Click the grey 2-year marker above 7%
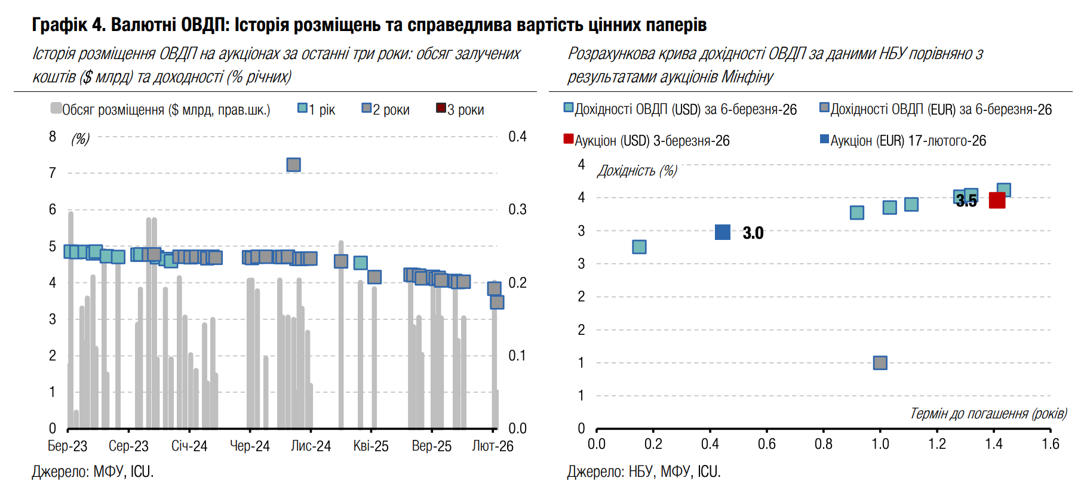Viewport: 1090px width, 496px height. [293, 165]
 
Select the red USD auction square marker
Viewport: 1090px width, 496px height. [997, 200]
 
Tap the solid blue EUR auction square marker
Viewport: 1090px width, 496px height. [723, 232]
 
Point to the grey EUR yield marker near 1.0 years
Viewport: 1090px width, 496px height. [880, 363]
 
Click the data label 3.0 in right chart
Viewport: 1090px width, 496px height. [753, 233]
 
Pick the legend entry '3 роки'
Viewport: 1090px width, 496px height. [460, 110]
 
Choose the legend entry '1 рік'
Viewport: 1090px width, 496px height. [317, 110]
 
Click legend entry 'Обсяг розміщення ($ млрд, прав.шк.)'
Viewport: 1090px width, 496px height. [161, 110]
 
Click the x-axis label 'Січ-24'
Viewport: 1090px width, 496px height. [189, 446]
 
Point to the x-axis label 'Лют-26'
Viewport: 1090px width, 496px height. [493, 446]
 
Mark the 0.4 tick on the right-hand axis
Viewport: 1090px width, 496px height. [517, 137]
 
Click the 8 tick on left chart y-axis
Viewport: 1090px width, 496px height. [53, 137]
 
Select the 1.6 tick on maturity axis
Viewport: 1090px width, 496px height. [1050, 444]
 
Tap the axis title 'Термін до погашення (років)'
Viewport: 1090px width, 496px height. [988, 414]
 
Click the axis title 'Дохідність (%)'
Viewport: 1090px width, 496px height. [637, 171]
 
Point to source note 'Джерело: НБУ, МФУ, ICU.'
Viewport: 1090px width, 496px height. [644, 472]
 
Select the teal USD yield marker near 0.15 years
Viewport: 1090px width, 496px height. [639, 247]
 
